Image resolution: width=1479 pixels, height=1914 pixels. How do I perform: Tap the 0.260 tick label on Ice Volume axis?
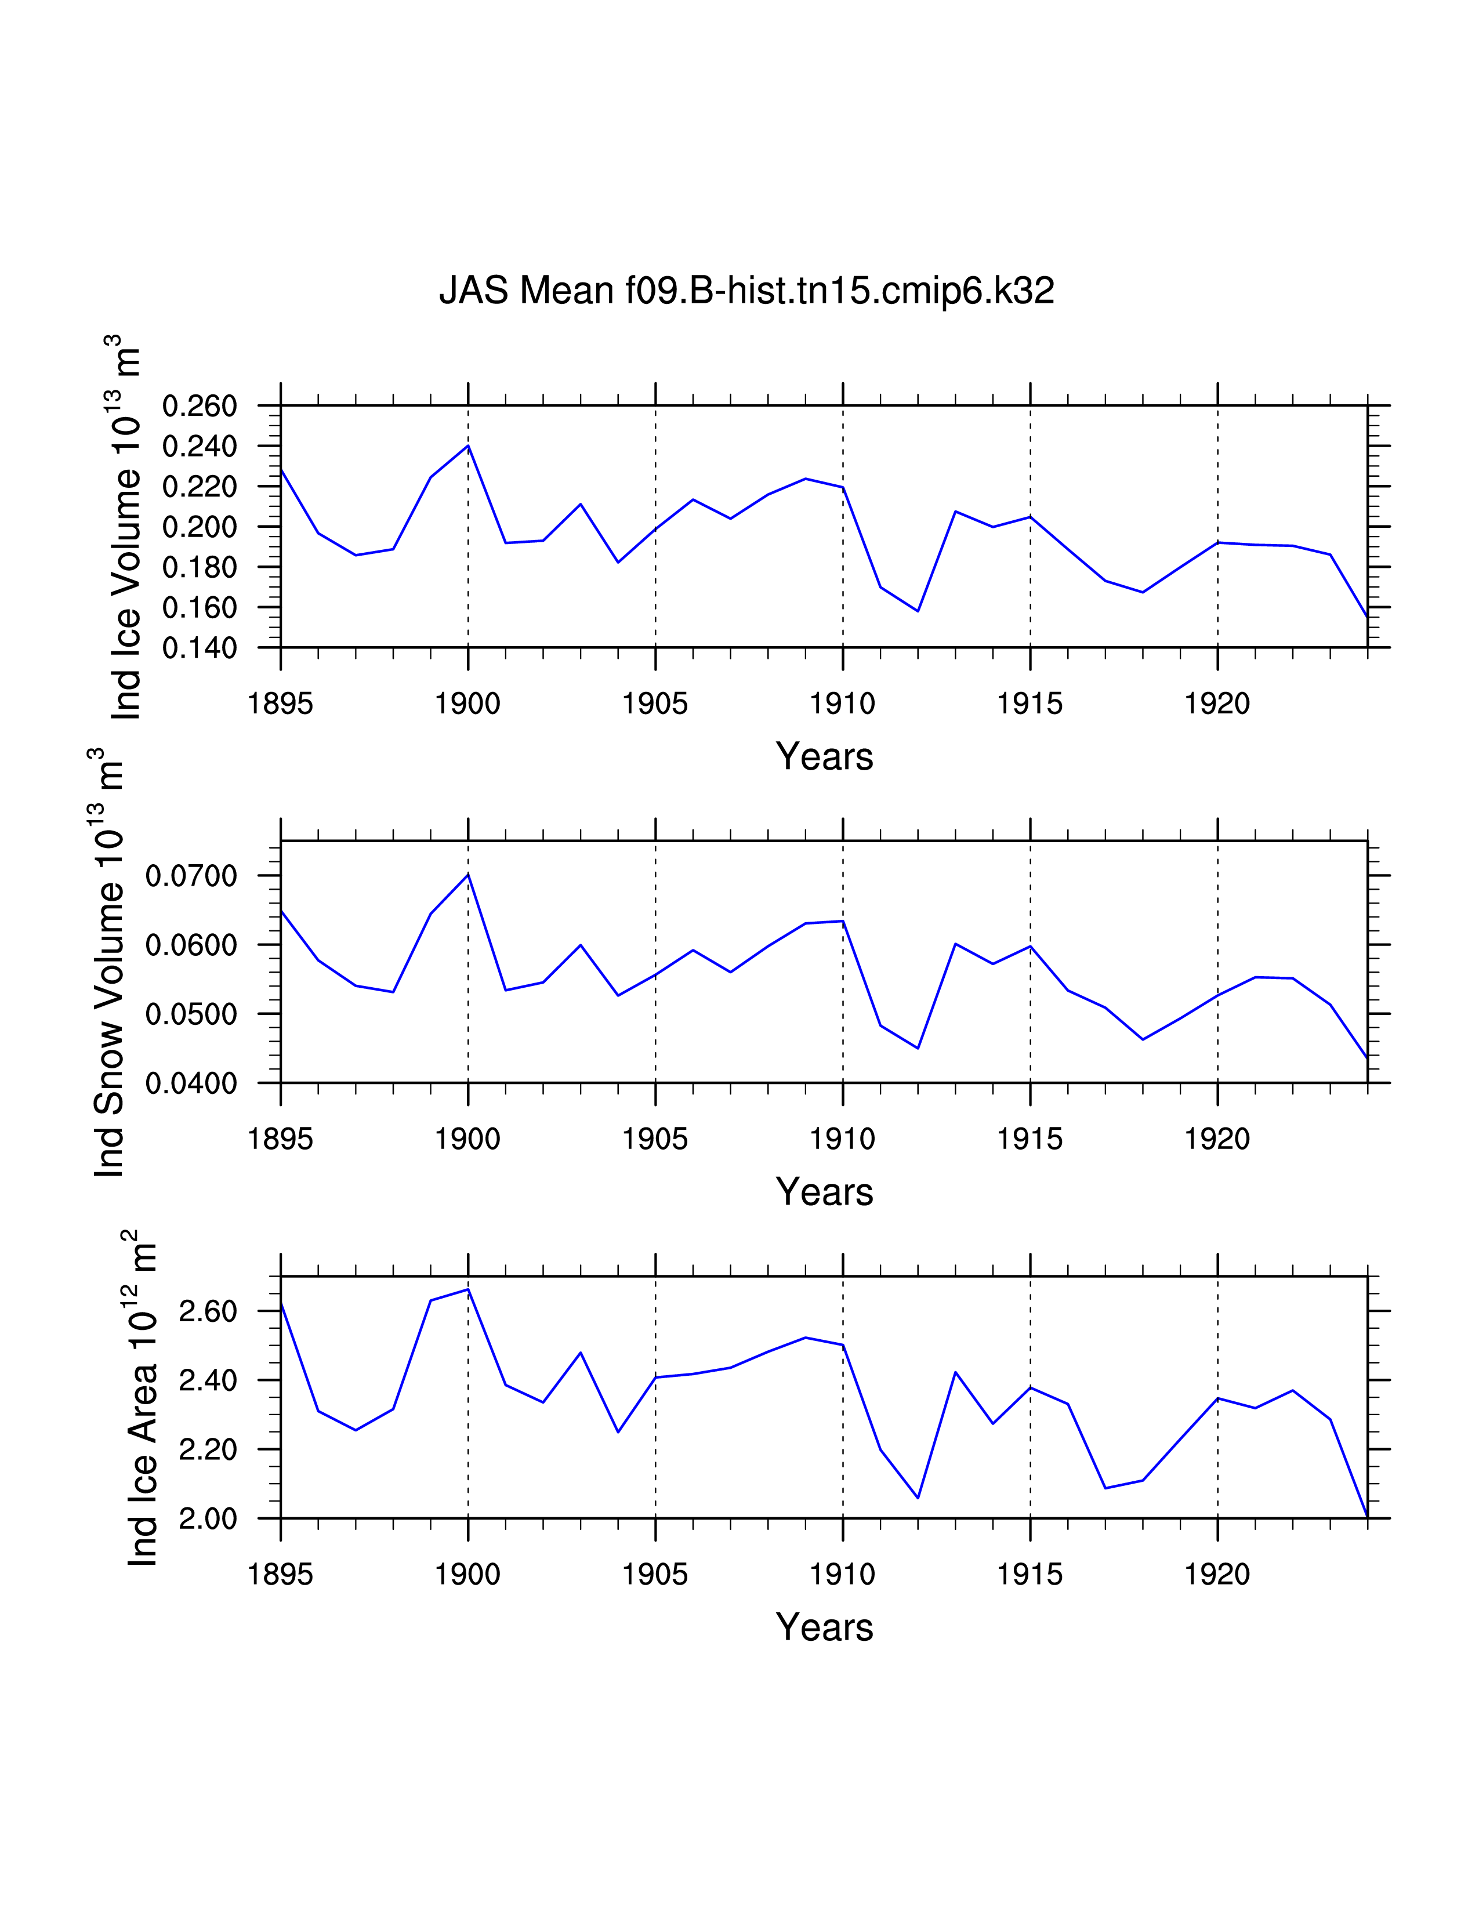(x=200, y=407)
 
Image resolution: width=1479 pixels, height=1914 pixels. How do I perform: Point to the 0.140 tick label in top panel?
(x=200, y=648)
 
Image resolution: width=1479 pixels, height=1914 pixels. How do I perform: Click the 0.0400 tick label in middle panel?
(x=191, y=1084)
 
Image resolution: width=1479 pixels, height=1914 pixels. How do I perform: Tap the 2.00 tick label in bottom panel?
(x=208, y=1519)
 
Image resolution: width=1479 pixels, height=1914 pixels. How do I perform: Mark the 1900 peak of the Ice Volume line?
(x=469, y=446)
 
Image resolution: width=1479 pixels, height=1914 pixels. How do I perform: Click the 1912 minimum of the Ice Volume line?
(x=918, y=611)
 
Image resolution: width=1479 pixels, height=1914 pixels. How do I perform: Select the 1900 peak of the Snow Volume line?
(x=469, y=873)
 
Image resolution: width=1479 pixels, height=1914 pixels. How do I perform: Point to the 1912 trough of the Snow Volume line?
(x=918, y=1048)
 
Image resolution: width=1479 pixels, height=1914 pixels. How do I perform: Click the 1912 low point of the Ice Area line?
(x=918, y=1498)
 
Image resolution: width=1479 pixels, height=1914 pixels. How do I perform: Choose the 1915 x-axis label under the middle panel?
(x=1029, y=1139)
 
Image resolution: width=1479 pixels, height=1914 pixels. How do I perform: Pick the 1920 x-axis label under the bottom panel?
(x=1217, y=1575)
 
